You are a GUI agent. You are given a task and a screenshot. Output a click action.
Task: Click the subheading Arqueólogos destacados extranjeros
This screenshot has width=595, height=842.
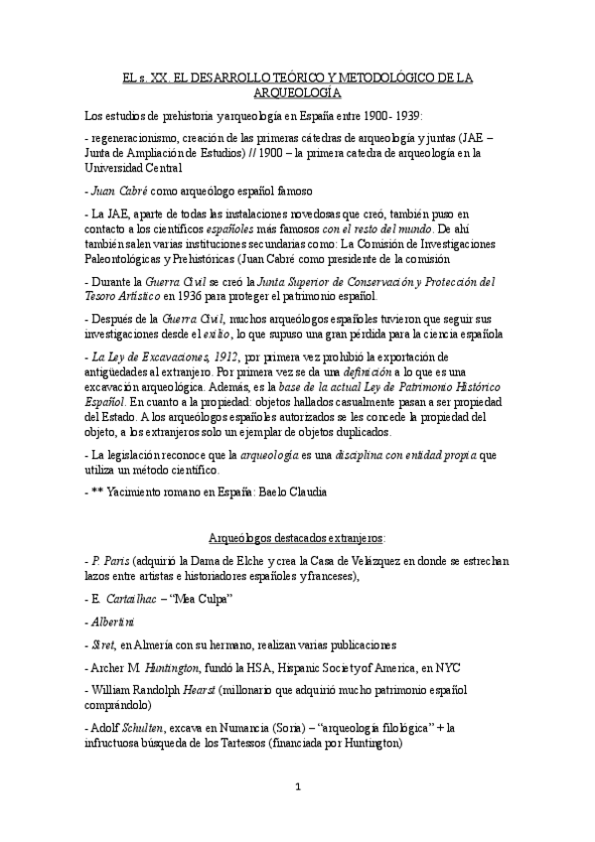pos(297,538)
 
